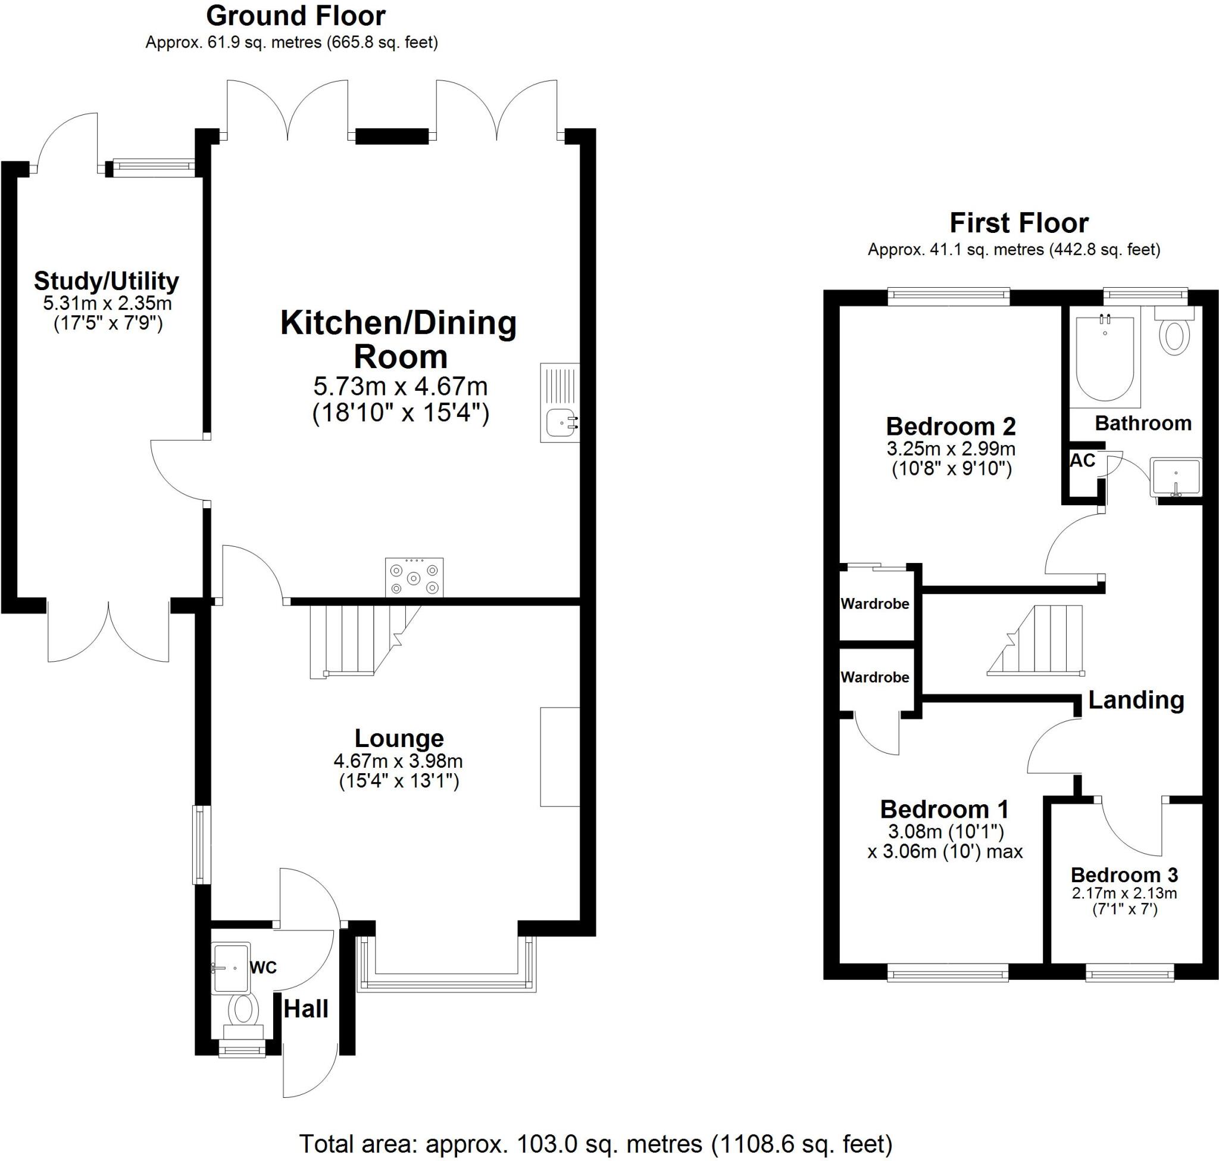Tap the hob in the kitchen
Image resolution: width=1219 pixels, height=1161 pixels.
coord(414,578)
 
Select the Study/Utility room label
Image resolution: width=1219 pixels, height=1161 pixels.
coord(107,282)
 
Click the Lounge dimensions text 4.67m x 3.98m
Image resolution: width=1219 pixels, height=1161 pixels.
coord(398,761)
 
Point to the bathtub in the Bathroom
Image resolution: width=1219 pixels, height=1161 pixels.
coord(1105,357)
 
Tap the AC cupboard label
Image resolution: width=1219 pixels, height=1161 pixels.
coord(1082,460)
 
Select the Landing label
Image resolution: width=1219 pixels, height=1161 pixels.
coord(1136,700)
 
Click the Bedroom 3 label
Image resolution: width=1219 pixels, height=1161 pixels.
coord(1124,875)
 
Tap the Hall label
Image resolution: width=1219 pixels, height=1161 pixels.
coord(305,1009)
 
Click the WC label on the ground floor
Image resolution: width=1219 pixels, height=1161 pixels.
coord(263,967)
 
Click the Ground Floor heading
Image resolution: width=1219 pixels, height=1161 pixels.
coord(296,16)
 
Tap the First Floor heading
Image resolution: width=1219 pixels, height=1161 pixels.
coord(1018,223)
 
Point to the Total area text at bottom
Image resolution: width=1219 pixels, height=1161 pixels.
coord(596,1144)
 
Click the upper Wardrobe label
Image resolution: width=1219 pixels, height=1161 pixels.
coord(874,603)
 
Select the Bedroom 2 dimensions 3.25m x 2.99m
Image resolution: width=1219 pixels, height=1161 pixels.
coord(951,449)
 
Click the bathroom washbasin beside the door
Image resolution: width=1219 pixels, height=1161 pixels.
coord(1175,477)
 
